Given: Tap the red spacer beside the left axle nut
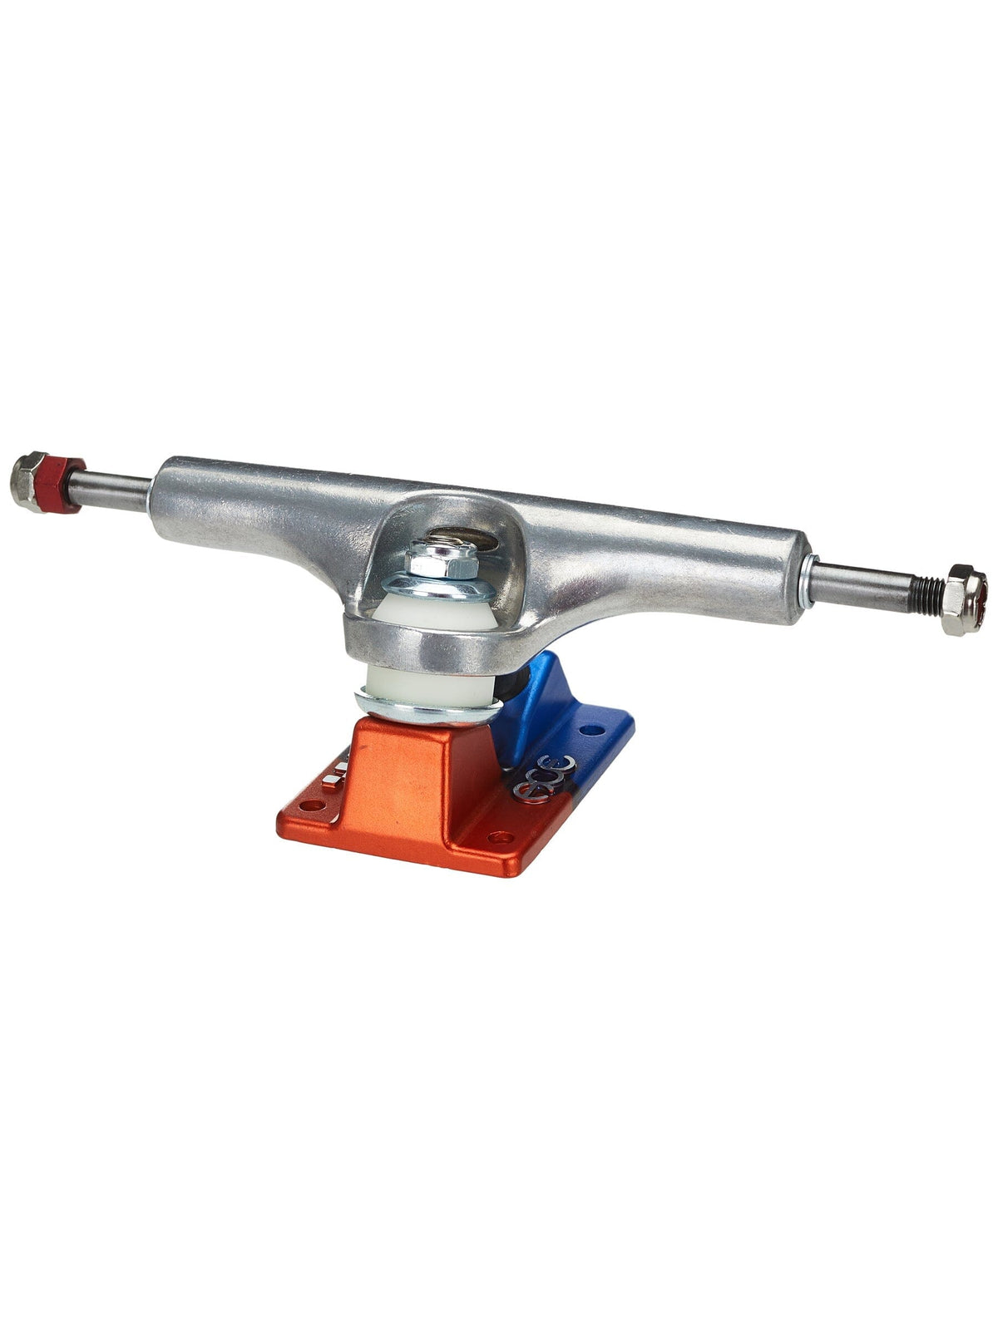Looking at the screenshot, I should click(x=65, y=484).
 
